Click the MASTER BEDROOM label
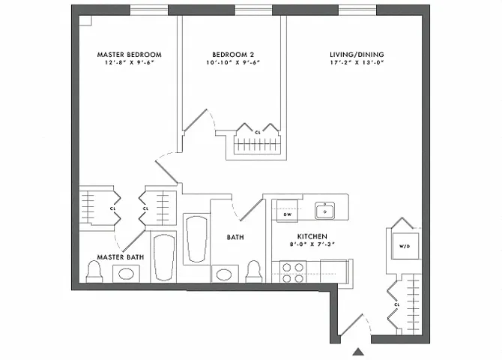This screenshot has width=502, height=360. pos(129,55)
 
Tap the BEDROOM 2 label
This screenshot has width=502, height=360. pos(233,55)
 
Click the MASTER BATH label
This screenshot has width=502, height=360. pos(121,257)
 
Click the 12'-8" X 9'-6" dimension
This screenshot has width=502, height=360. pos(129,64)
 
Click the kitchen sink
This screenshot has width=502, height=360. pos(324,210)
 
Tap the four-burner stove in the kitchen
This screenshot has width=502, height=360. pos(292,271)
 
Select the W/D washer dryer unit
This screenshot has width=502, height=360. pos(403,245)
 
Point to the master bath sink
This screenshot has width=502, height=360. pos(127,273)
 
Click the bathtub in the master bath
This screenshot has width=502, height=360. pos(163,257)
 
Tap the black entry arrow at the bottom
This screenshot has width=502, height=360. pos(358,351)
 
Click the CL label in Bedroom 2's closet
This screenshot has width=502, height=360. pos(258,132)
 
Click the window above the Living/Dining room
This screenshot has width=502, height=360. pos(356,9)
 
